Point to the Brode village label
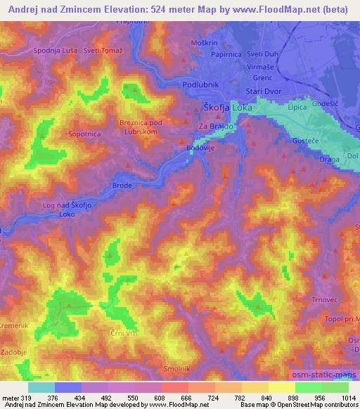(x=123, y=186)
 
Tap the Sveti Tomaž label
(x=102, y=51)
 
